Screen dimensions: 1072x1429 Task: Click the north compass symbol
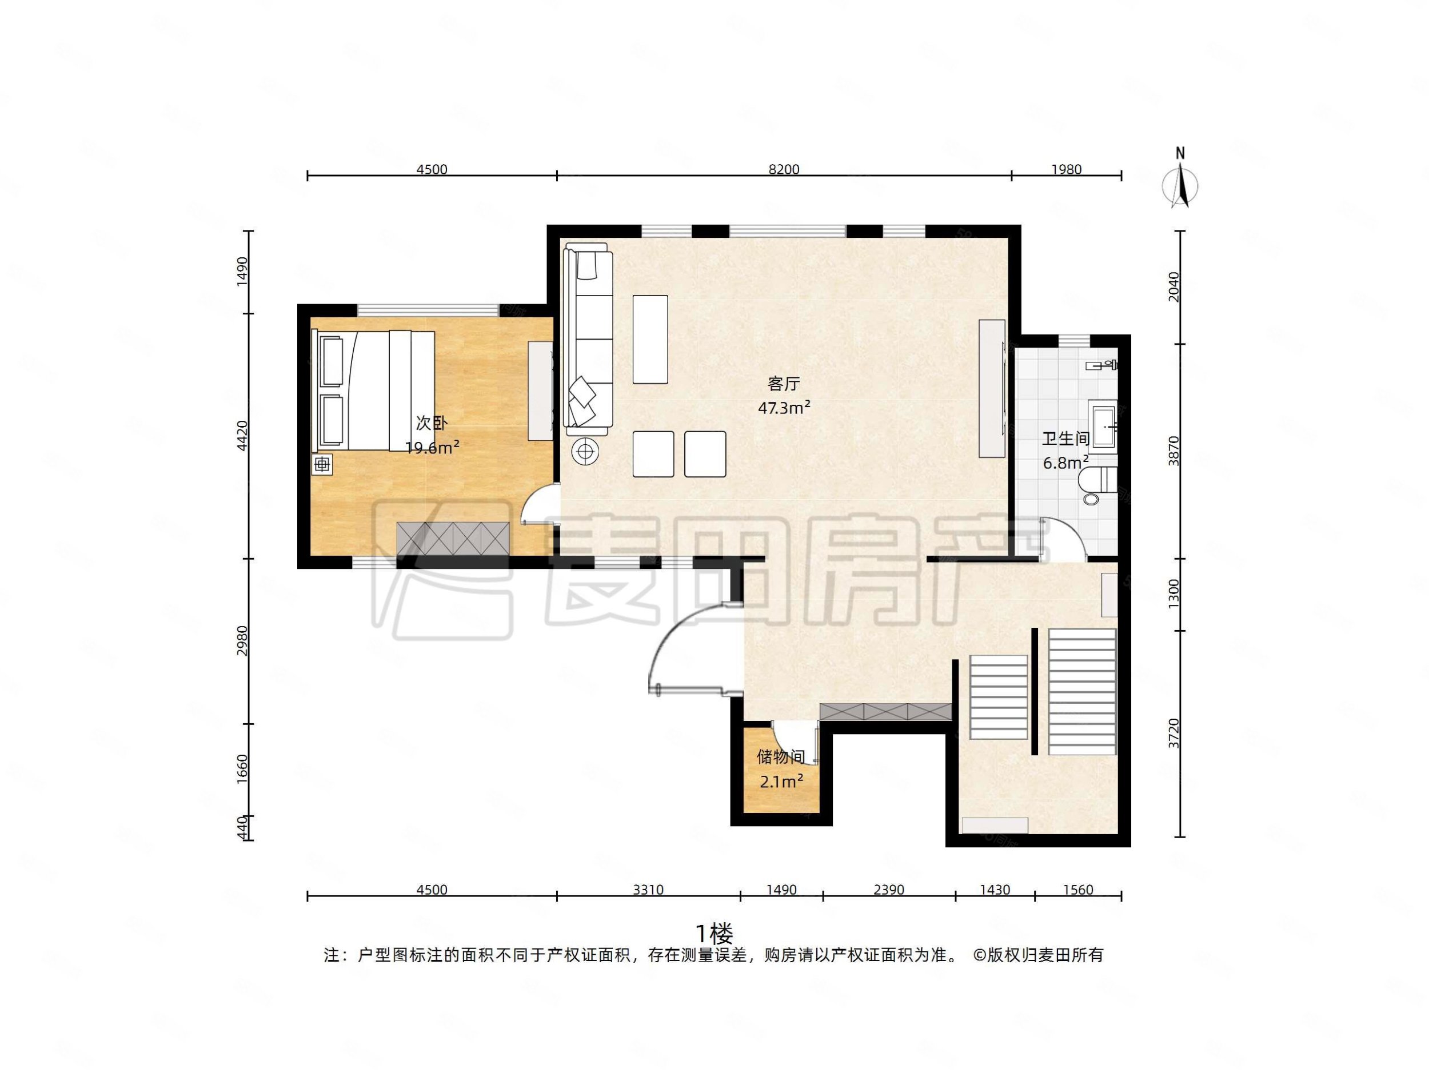pos(1180,184)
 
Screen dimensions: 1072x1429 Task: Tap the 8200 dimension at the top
pos(784,169)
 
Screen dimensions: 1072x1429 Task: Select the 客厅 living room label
pos(784,384)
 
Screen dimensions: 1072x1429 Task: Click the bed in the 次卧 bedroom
pos(373,390)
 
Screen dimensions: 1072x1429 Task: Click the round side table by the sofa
pos(585,452)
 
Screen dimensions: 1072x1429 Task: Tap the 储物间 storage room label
pos(781,756)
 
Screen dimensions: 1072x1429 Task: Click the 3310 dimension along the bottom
pos(648,890)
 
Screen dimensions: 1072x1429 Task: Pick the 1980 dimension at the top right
pos(1066,169)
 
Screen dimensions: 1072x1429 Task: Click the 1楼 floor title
pos(714,933)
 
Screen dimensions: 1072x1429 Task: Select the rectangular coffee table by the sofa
pos(650,339)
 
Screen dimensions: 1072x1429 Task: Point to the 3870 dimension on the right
pos(1174,451)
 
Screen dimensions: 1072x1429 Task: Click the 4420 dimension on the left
pos(242,436)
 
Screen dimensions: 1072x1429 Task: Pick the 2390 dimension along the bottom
pos(888,890)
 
